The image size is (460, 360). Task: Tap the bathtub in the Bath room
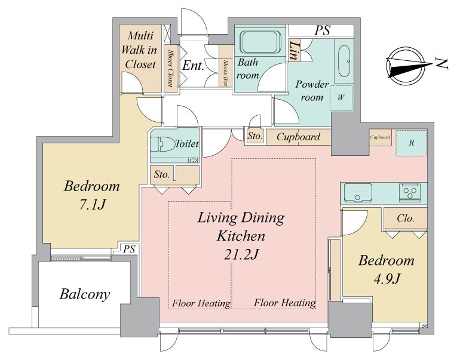(260, 42)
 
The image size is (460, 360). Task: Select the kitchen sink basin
(358, 193)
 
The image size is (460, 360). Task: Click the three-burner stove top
(410, 193)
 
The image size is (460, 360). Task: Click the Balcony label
(85, 294)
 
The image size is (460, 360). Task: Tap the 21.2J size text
(241, 254)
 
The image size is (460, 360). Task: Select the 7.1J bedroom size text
(92, 205)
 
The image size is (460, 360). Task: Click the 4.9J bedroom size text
(387, 278)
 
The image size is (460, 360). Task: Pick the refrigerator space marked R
(411, 143)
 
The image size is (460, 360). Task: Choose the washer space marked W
(341, 98)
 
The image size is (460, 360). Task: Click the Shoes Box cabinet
(226, 66)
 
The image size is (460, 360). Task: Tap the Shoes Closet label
(170, 68)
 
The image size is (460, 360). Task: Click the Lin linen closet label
(295, 50)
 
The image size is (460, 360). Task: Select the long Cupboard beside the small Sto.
(299, 137)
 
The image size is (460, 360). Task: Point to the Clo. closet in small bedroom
(406, 219)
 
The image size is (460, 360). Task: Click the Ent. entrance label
(193, 66)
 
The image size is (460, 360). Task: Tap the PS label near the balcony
(129, 249)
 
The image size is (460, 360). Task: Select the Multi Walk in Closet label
(139, 50)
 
